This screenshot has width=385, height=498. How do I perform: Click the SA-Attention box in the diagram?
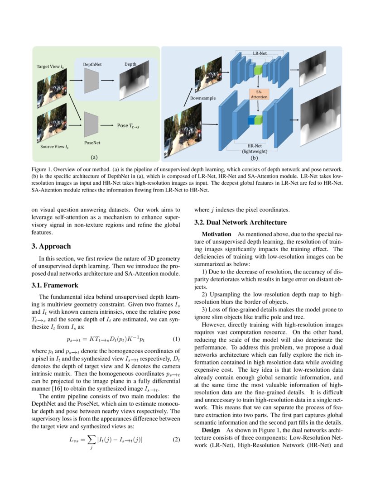coord(259,94)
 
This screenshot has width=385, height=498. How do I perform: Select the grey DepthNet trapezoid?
coord(91,81)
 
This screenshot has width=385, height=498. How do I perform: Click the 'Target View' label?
coord(50,67)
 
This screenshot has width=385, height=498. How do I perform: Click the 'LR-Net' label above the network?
coord(259,53)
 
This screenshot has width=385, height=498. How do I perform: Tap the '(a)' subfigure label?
coord(94,157)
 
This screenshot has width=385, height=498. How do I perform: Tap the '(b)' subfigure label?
coord(254,158)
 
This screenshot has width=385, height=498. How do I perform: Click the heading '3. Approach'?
coord(51,246)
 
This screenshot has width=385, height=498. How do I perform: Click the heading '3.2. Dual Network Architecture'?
coord(241,222)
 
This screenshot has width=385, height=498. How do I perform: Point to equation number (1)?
coord(177,339)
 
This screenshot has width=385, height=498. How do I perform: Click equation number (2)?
coord(177,439)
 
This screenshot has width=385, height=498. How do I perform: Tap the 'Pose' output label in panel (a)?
coord(123,125)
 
